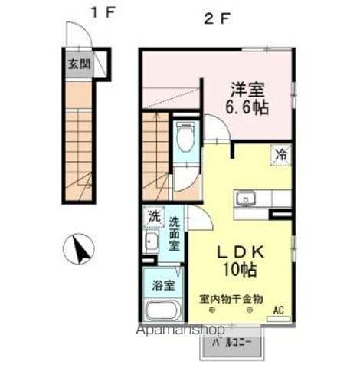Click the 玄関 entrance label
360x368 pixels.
click(78, 64)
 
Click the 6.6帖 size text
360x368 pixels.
click(247, 107)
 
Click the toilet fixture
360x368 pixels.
click(185, 138)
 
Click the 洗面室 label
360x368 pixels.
click(174, 234)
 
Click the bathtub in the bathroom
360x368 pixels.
click(160, 311)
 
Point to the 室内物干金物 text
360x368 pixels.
click(231, 298)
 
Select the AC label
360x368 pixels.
click(280, 310)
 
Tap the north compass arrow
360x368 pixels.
click(83, 248)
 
